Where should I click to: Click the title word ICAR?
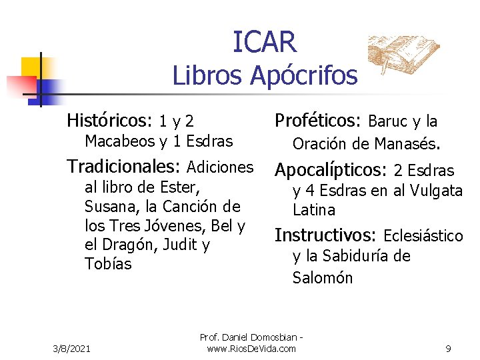[265, 42]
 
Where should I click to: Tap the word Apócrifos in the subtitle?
[303, 76]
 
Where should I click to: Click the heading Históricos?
[111, 121]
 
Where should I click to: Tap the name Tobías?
[108, 264]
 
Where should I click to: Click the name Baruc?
[388, 121]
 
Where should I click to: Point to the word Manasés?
[407, 143]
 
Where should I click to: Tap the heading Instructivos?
[326, 235]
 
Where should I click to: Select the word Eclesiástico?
[423, 235]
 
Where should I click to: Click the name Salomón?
[323, 278]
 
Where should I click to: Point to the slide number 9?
[448, 348]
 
